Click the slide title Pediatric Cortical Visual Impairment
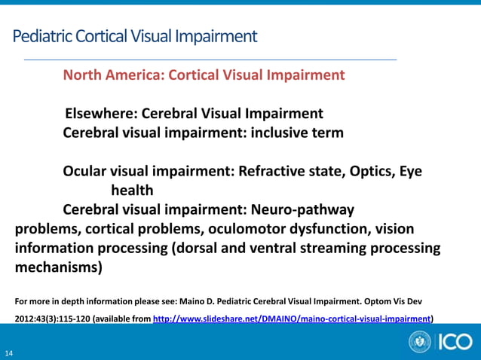click(135, 35)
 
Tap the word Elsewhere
click(99, 114)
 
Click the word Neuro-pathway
click(303, 209)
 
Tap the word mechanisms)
click(57, 267)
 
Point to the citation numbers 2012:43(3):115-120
click(51, 319)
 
